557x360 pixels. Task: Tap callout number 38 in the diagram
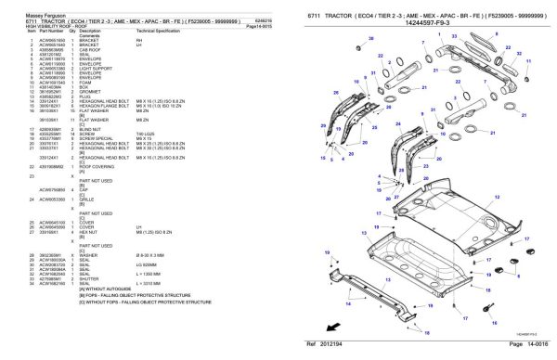pyautogui.click(x=370, y=39)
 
